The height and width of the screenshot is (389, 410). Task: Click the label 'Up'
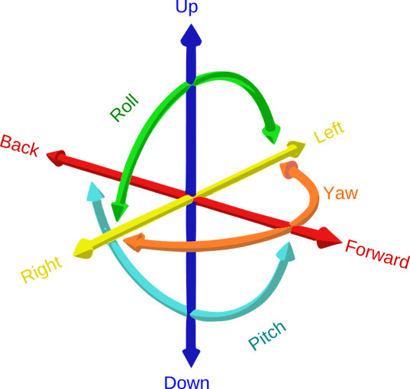(186, 7)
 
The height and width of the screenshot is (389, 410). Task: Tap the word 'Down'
(187, 382)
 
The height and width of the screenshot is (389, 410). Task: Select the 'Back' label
(20, 146)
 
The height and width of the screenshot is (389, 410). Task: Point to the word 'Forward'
(377, 254)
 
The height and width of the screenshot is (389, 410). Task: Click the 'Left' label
(329, 132)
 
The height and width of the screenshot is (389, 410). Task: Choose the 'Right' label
(41, 269)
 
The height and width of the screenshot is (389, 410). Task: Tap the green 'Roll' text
(124, 108)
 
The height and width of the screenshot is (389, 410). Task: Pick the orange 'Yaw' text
(341, 193)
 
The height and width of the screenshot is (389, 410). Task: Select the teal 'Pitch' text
(267, 336)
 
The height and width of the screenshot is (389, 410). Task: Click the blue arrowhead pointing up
(191, 36)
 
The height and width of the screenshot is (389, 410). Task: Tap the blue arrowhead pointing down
(191, 358)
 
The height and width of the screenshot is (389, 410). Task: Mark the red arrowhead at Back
(56, 158)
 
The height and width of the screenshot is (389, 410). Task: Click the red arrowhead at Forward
(329, 238)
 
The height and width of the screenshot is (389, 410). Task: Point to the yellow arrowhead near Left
(296, 149)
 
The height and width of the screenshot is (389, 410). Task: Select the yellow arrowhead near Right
(83, 249)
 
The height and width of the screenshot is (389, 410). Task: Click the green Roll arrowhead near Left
(272, 134)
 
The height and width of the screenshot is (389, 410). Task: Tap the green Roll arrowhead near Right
(119, 211)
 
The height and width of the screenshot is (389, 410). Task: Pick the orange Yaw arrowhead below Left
(289, 169)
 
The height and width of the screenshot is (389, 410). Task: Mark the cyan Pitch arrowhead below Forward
(286, 252)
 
